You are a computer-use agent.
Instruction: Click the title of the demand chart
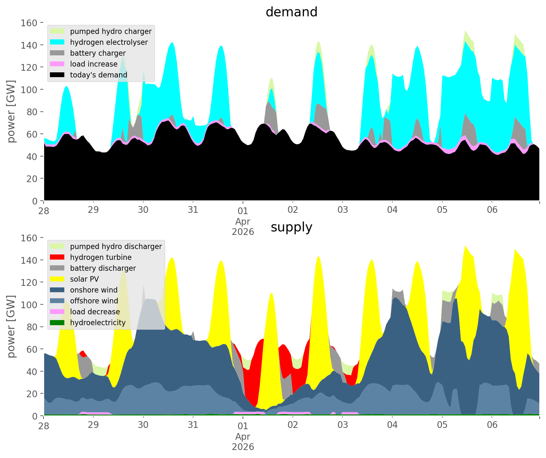[291, 12]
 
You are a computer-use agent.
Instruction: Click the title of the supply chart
[291, 227]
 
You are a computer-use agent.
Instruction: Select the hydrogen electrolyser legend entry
[108, 42]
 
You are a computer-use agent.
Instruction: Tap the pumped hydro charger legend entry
[110, 31]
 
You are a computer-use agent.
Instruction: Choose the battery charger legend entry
[98, 53]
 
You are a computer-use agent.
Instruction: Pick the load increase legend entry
[93, 64]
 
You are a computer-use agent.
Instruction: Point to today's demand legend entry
[98, 75]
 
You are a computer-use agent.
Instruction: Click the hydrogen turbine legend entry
[100, 257]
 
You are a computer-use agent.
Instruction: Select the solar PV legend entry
[84, 279]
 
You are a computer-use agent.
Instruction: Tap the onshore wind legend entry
[93, 290]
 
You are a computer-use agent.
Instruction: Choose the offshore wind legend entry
[94, 301]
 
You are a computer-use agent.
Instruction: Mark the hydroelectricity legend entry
[98, 323]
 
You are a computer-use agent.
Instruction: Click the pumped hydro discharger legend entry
[116, 246]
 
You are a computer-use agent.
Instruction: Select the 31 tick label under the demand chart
[193, 210]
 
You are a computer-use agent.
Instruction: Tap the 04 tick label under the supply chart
[392, 425]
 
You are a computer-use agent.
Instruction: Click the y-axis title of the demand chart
[12, 111]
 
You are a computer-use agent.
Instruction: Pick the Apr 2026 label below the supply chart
[243, 442]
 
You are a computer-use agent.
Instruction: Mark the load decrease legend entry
[95, 312]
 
